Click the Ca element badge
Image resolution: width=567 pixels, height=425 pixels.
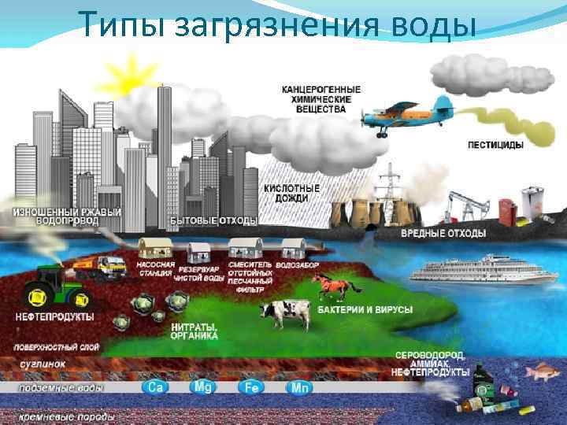point(153,387)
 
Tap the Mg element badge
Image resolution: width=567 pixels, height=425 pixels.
point(202,386)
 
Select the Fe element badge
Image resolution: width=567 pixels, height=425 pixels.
point(250,387)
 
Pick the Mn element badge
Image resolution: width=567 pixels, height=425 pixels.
point(300,387)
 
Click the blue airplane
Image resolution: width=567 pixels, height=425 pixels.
point(397,117)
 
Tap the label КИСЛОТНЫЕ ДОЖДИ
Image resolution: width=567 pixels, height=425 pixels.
point(291,193)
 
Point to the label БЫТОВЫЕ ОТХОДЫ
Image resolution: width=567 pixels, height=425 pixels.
point(202,220)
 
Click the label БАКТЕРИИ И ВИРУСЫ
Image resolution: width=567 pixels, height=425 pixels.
point(365,310)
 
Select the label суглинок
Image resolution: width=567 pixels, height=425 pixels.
point(43,364)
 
